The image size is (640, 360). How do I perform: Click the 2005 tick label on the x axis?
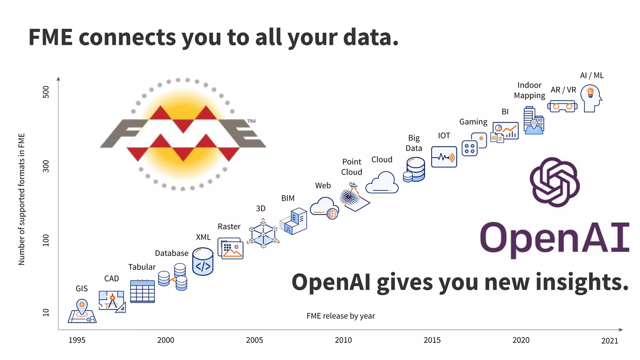254,340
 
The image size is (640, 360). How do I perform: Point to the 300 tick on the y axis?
46,166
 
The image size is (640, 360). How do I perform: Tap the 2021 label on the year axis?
609,341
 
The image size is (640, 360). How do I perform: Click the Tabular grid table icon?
142,291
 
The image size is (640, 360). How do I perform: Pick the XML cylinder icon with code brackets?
203,262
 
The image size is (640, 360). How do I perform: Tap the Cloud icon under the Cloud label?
382,182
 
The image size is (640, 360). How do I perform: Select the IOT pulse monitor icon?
444,157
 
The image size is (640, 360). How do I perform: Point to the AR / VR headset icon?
562,106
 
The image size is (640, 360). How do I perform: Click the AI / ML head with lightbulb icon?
591,98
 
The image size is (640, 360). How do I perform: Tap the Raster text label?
229,227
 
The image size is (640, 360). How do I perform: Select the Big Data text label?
414,143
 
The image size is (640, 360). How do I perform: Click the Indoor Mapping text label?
529,90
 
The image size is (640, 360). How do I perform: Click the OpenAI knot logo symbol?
555,182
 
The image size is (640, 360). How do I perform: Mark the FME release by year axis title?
341,316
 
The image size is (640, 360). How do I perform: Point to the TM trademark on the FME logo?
251,121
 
